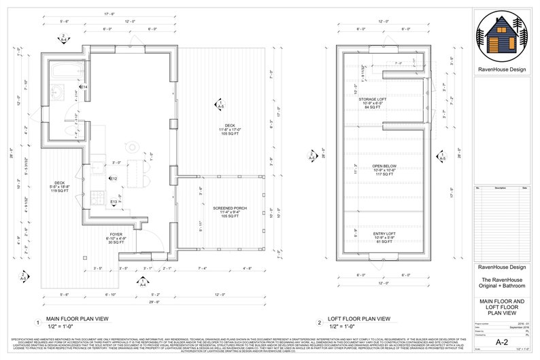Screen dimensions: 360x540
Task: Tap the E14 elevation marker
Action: (x=83, y=88)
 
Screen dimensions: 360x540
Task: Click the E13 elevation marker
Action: (x=114, y=201)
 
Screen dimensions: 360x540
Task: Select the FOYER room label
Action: (x=116, y=235)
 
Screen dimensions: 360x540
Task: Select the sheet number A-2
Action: (x=501, y=342)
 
